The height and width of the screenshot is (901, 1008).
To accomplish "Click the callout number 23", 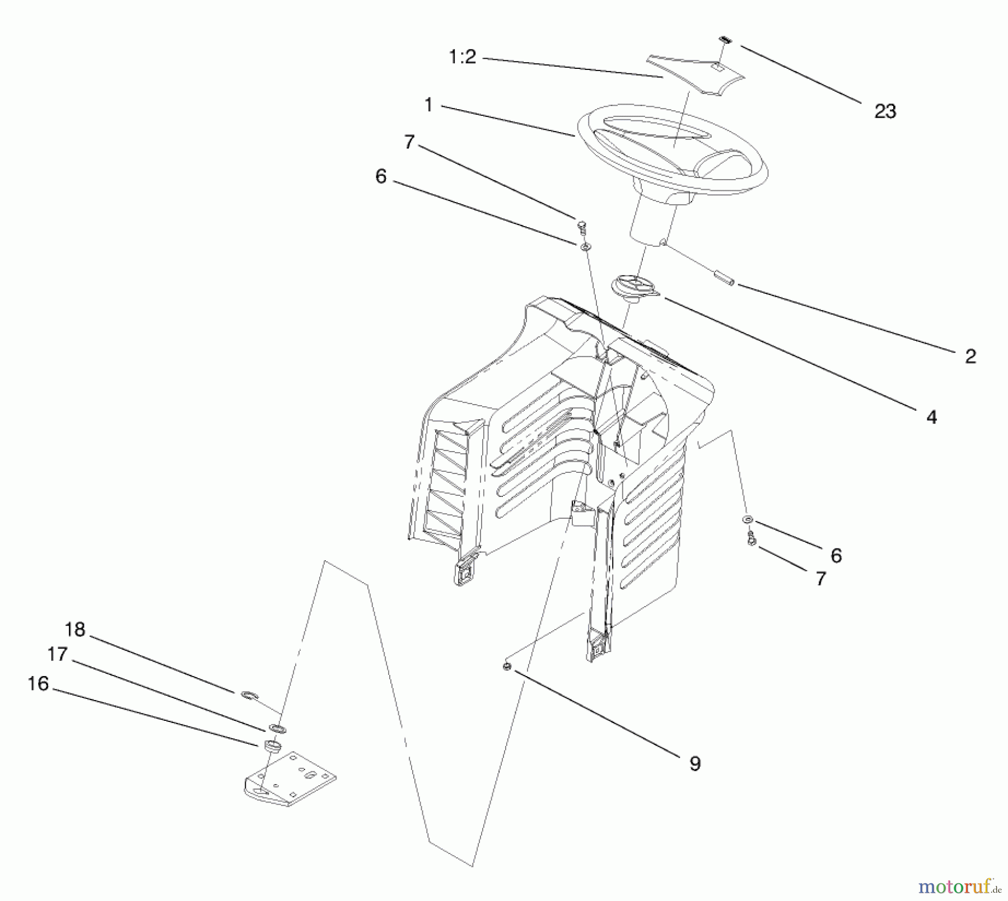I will pos(885,111).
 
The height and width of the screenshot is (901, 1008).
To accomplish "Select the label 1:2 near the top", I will pos(463,57).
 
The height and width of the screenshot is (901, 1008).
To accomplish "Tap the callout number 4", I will pos(931,417).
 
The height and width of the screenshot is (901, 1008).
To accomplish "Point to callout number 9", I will pos(694,763).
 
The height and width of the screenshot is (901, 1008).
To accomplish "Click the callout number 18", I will pos(74,630).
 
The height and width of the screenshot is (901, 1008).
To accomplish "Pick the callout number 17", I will pos(57,654).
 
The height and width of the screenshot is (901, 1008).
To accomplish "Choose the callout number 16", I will pos(38,684).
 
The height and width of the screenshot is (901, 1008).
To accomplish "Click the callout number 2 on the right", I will pos(970,356).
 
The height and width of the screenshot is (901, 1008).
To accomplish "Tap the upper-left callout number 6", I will pos(381,177).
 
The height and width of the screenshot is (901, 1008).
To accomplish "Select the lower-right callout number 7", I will pos(820,579).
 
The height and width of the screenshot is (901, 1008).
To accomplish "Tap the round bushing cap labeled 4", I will pos(635,287).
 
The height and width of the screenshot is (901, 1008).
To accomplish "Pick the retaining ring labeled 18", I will pos(249,695).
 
